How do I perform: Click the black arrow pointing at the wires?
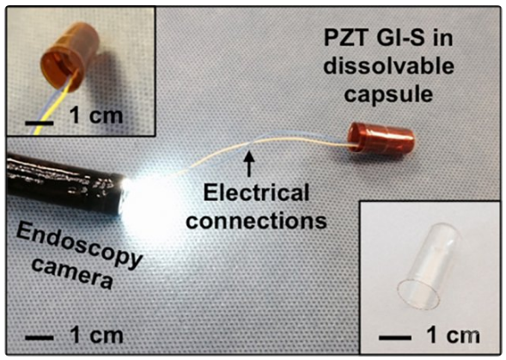point(249,164)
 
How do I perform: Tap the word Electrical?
point(256,192)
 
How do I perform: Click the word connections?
point(257,221)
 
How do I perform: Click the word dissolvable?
point(389,66)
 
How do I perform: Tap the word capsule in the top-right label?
point(388,95)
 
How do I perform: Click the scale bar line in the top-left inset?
point(40,123)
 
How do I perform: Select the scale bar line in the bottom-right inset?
point(395,338)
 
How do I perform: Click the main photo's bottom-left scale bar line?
point(40,338)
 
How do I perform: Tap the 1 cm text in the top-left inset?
point(96,116)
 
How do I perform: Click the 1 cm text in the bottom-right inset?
point(453,335)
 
